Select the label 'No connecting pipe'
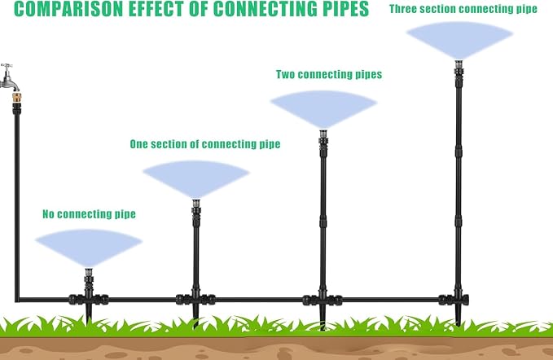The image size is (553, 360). (x=89, y=214)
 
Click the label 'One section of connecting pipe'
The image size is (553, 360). (x=205, y=144)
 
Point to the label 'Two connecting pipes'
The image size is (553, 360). (x=329, y=74)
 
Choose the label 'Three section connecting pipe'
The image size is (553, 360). (x=463, y=9)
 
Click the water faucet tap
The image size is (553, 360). (x=8, y=77)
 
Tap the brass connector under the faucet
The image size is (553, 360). (x=16, y=97)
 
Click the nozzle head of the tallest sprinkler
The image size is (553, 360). (x=459, y=64)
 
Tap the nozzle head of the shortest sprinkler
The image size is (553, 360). (x=89, y=272)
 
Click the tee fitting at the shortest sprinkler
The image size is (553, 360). (x=89, y=300)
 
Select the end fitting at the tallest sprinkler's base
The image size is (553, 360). (x=454, y=300)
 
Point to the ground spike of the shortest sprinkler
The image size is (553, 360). (x=89, y=314)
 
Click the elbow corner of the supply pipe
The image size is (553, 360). (x=17, y=300)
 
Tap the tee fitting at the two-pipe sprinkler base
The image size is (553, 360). (x=323, y=300)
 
